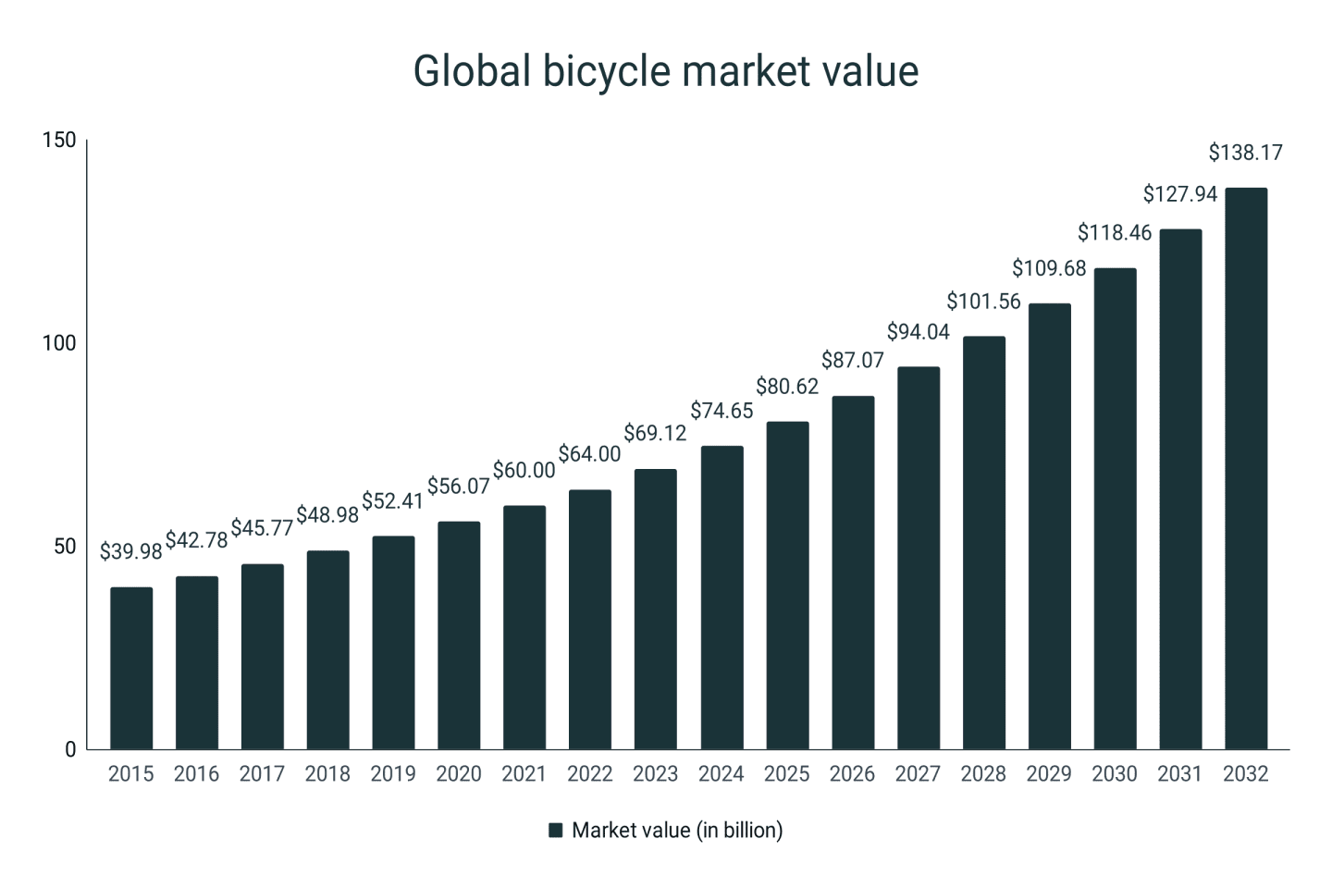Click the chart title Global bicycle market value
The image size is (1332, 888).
[x=665, y=71]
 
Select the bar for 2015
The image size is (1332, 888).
[x=131, y=668]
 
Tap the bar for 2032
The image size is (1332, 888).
[x=1245, y=468]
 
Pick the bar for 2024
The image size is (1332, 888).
[x=721, y=598]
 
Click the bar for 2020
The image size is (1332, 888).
[x=459, y=635]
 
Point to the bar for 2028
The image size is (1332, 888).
[x=983, y=543]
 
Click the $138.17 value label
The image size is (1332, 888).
[x=1245, y=153]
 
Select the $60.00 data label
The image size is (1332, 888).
[x=524, y=470]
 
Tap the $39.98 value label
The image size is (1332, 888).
[x=130, y=552]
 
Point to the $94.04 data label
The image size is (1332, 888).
[x=918, y=331]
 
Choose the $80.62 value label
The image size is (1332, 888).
[x=786, y=387]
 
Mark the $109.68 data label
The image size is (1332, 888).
[x=1049, y=268]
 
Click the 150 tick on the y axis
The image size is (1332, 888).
[x=59, y=141]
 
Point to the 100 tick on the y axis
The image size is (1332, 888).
[x=59, y=343]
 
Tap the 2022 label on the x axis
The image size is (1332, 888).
[x=589, y=774]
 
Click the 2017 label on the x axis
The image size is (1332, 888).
[x=262, y=774]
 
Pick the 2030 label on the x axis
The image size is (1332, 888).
[x=1114, y=774]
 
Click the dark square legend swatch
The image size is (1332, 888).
[x=556, y=831]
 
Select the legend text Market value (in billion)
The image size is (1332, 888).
[x=677, y=831]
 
